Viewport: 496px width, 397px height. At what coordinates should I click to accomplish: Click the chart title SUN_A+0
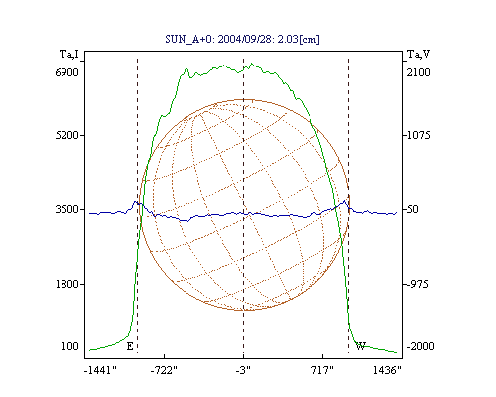click(x=188, y=40)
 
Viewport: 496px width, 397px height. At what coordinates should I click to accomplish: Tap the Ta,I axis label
click(x=69, y=54)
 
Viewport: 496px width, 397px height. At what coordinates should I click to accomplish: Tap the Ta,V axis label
click(x=418, y=54)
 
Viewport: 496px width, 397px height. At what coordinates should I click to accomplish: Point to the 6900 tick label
click(x=66, y=72)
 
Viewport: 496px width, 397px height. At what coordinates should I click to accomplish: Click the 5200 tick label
click(x=66, y=135)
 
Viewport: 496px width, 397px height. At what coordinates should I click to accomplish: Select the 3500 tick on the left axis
click(x=66, y=209)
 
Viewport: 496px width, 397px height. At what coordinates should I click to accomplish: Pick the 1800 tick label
click(x=66, y=284)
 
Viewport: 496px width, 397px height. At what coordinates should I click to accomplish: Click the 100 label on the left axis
click(x=70, y=346)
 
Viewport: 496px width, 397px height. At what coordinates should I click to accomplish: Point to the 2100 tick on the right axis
click(x=418, y=72)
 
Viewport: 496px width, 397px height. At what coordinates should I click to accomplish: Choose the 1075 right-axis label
click(x=418, y=135)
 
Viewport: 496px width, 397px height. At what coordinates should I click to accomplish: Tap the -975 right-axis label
click(x=417, y=284)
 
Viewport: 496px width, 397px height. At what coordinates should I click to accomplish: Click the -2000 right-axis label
click(x=420, y=346)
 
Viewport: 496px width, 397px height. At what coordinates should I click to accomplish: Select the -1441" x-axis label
click(x=100, y=370)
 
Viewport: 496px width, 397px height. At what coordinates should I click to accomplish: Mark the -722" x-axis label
click(x=164, y=370)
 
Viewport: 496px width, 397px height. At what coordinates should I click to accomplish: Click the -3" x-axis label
click(x=243, y=370)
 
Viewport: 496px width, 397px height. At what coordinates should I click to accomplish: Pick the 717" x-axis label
click(x=322, y=370)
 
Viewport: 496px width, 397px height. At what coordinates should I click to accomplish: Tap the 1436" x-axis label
click(x=387, y=370)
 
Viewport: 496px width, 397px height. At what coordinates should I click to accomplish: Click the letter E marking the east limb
click(x=130, y=346)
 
